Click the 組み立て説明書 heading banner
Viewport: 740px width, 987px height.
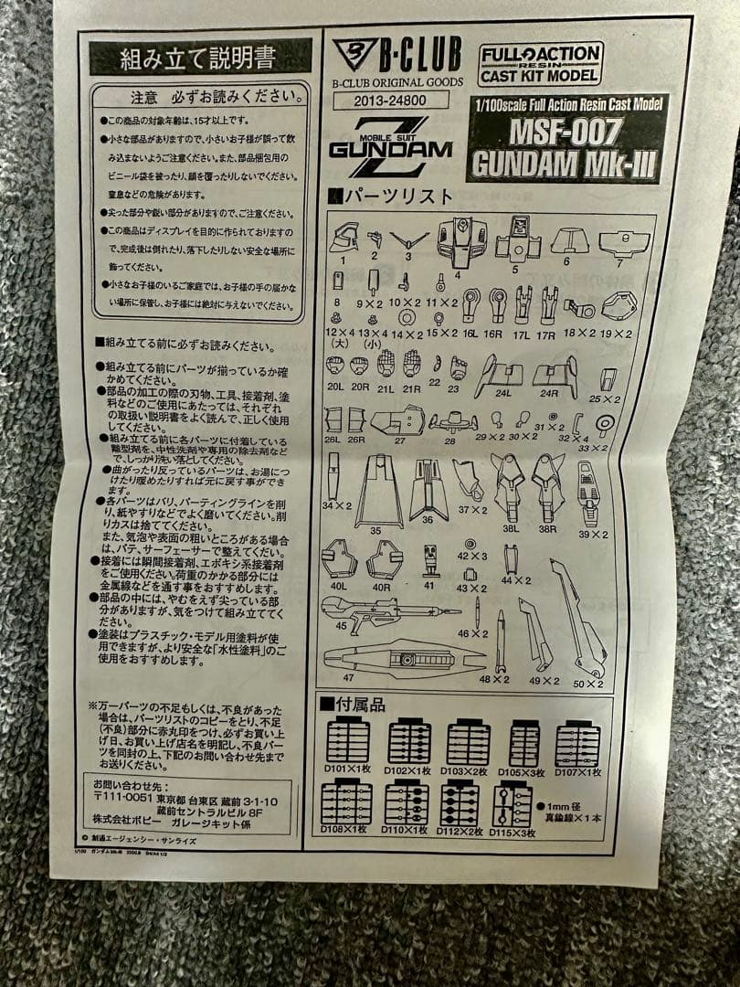(199, 58)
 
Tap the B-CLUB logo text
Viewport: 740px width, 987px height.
(418, 54)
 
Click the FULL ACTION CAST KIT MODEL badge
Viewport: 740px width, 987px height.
(540, 63)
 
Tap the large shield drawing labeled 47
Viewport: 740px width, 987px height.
(402, 658)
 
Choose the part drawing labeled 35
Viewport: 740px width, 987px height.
(378, 490)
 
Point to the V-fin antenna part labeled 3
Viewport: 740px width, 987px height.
(408, 242)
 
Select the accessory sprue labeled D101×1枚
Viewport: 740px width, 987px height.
(348, 742)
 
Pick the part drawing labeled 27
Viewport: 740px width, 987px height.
(397, 420)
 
